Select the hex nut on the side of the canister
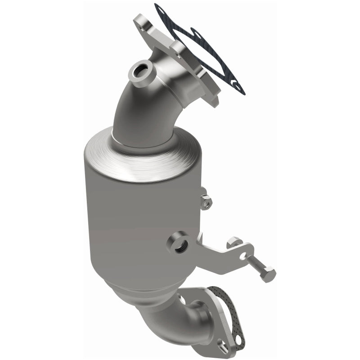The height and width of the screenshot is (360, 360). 205,202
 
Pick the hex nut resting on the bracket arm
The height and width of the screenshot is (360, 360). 234,243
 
